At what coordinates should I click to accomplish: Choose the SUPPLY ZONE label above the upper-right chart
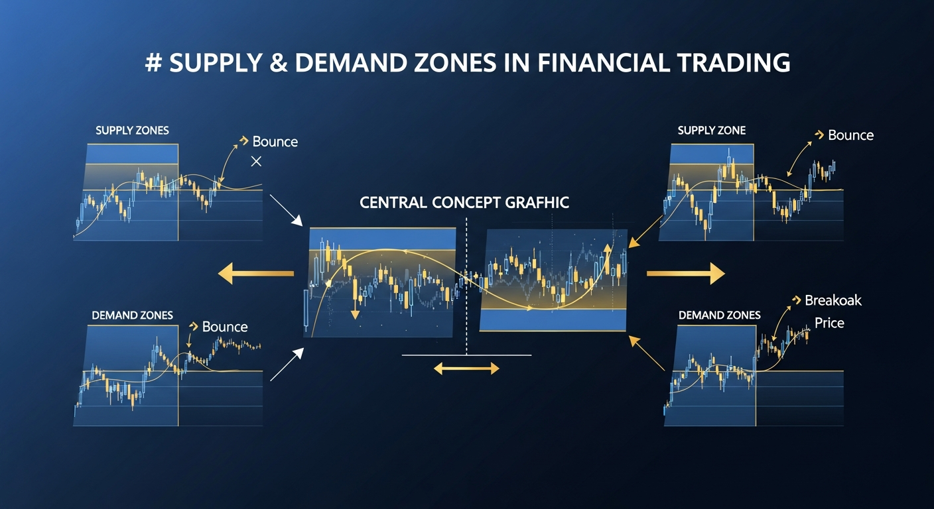click(712, 131)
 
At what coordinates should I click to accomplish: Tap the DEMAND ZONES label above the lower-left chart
click(132, 315)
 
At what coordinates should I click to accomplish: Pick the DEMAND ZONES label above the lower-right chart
click(720, 315)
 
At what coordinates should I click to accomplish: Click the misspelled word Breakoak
click(833, 300)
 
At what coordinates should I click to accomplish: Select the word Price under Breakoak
click(829, 323)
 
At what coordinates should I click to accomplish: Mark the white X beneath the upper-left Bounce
click(257, 162)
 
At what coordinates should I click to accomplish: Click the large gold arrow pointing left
click(255, 272)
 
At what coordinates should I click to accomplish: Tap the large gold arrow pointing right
click(686, 272)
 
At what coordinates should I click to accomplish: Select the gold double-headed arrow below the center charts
click(466, 368)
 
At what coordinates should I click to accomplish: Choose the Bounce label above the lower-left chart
click(225, 327)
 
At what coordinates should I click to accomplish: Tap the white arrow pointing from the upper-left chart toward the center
click(285, 209)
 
